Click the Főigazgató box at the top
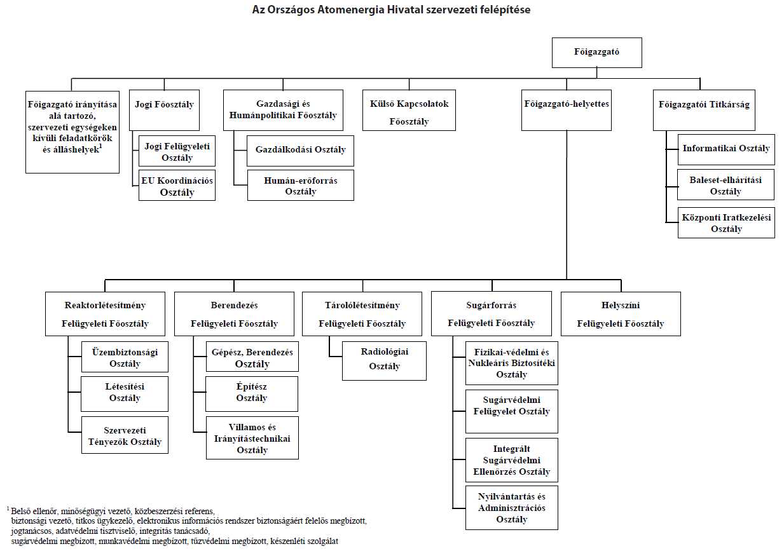(x=597, y=53)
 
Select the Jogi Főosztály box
(x=164, y=110)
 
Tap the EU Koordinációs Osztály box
(x=177, y=186)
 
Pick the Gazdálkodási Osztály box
(x=300, y=151)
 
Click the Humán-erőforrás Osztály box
(x=301, y=186)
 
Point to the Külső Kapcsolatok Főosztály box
(x=409, y=110)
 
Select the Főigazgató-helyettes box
(x=567, y=110)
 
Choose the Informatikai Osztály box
(x=726, y=149)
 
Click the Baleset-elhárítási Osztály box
(x=726, y=185)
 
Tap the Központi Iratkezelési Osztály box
(x=726, y=223)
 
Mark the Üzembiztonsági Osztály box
(x=125, y=357)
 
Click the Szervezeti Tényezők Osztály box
(x=125, y=435)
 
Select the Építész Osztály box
(x=252, y=394)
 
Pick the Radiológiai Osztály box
(x=384, y=361)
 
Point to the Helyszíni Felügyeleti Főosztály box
(x=621, y=314)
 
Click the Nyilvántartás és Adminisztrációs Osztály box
(x=512, y=508)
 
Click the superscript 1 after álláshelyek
(x=100, y=147)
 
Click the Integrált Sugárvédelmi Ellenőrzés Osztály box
(x=512, y=460)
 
